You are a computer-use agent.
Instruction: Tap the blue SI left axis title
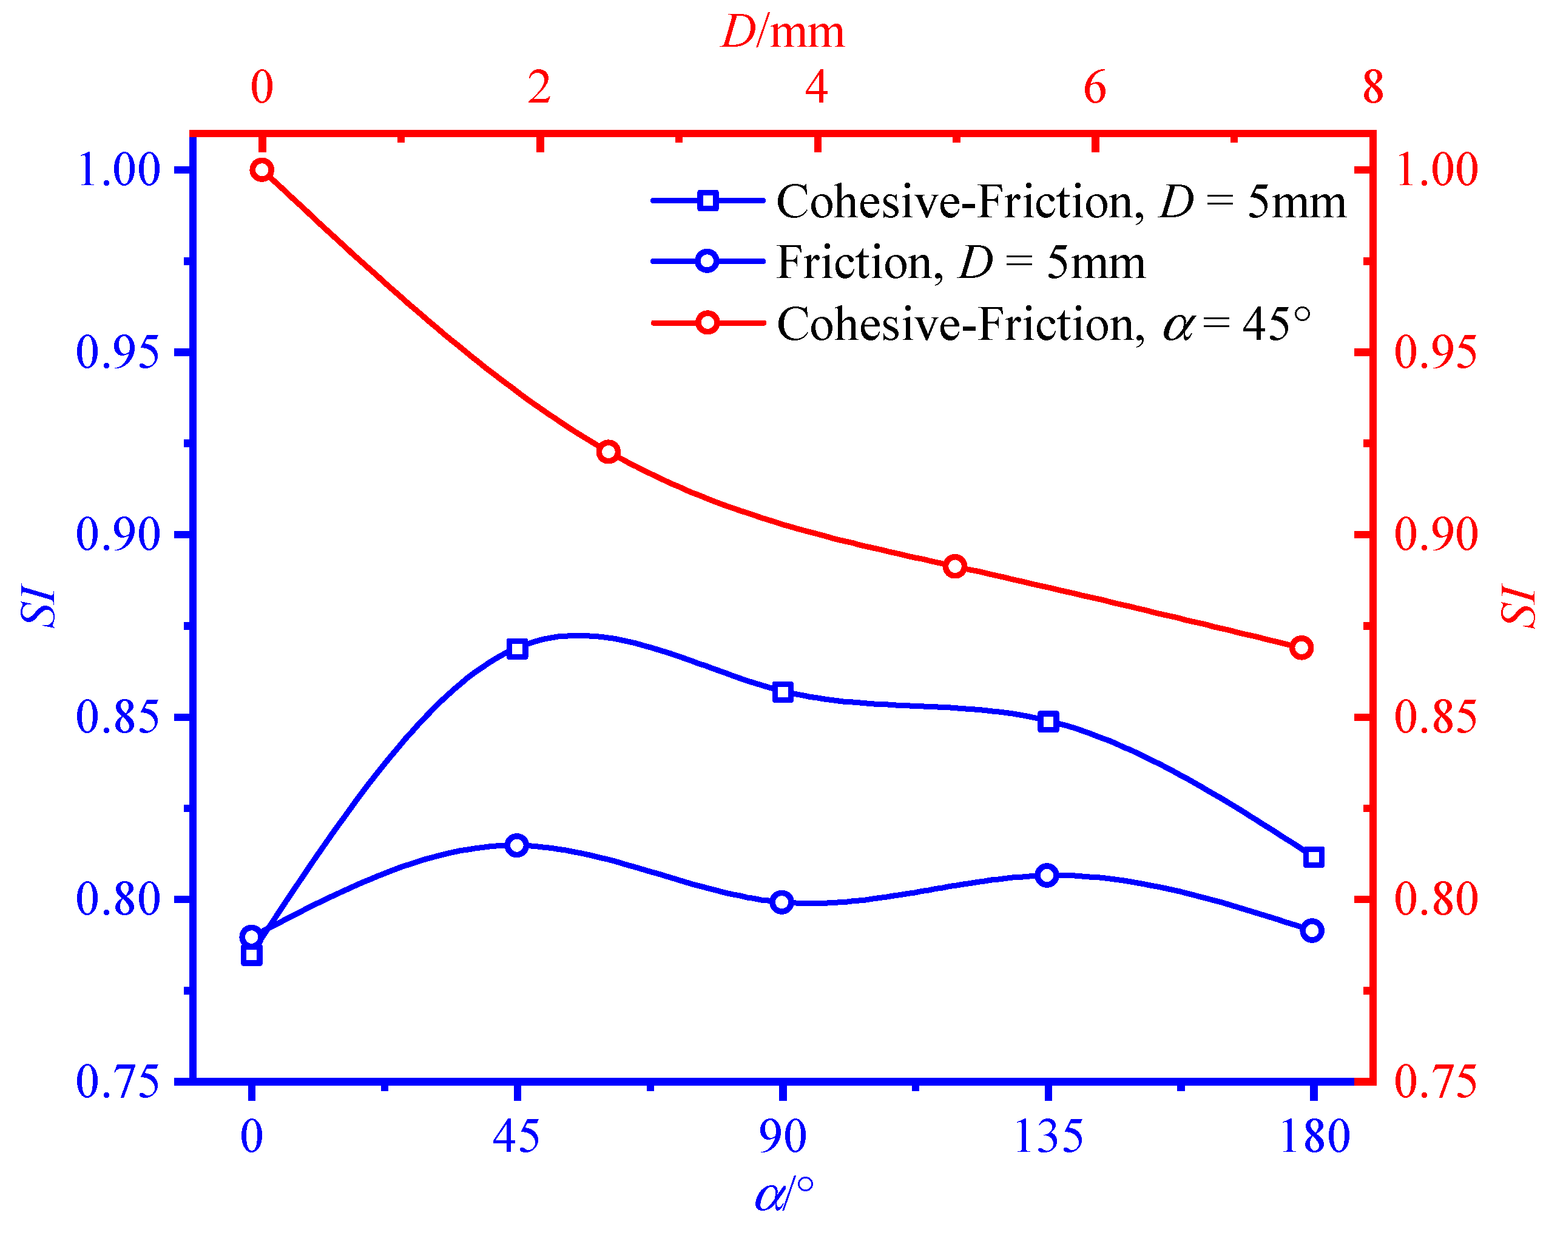point(37,606)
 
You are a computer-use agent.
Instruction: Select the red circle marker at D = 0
point(263,170)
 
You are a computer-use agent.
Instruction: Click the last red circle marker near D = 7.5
point(1301,648)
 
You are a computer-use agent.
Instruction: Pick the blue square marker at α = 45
point(517,649)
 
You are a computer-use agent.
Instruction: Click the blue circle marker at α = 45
point(516,845)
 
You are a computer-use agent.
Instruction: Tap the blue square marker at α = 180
point(1313,857)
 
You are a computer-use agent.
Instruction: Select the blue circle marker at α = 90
point(781,902)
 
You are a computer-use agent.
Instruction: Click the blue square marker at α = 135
point(1048,722)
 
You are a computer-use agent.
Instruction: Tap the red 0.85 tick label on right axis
point(1436,717)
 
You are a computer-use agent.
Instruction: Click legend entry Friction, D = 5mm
point(961,263)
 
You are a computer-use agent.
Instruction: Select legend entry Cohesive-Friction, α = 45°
point(1044,324)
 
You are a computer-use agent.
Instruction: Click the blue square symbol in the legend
point(707,200)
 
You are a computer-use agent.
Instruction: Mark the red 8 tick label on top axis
point(1372,87)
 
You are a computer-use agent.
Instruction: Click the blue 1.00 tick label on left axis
point(117,171)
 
